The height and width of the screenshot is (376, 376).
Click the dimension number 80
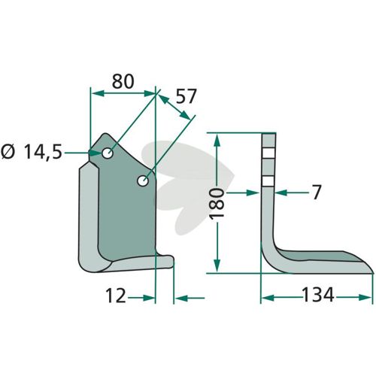[x=123, y=81]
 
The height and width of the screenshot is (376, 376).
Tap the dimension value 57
[x=185, y=96]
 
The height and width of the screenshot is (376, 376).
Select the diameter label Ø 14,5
[x=32, y=152]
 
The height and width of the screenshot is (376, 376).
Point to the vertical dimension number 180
[x=217, y=204]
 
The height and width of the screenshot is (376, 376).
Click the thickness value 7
[x=317, y=193]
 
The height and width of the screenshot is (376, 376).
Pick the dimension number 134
[x=318, y=295]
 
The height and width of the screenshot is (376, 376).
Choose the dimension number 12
[x=116, y=296]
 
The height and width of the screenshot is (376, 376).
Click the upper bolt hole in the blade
[x=108, y=153]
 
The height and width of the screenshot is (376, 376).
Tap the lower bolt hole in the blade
[x=143, y=180]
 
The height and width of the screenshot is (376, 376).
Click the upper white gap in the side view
[x=268, y=153]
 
